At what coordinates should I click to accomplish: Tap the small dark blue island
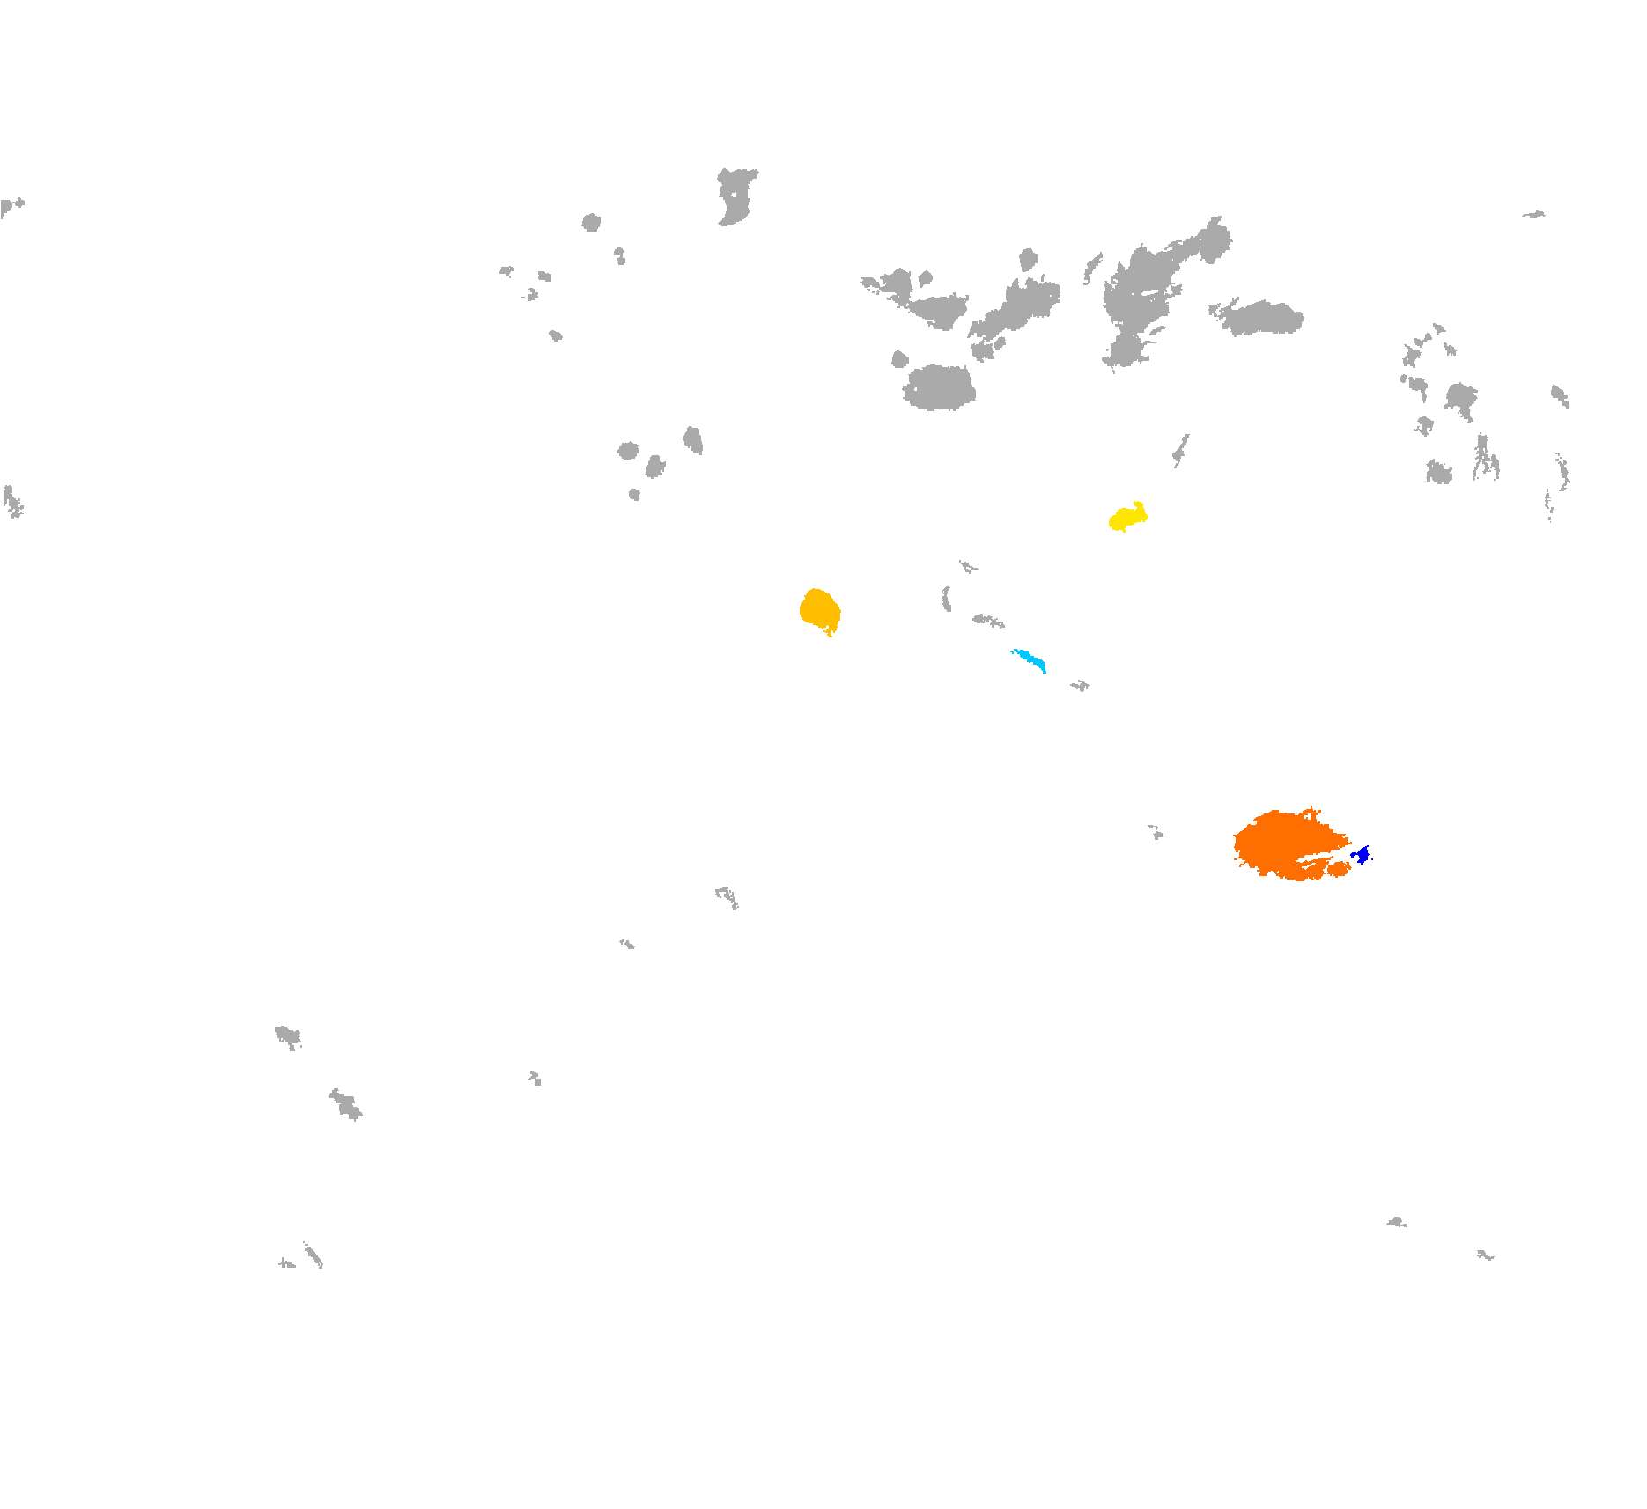(1363, 854)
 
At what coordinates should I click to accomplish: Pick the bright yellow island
(1126, 518)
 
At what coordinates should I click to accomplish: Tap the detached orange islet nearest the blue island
(1339, 870)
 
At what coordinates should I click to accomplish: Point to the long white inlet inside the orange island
(1317, 858)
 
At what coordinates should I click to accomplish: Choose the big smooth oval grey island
(939, 387)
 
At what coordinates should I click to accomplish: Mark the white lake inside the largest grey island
(1149, 291)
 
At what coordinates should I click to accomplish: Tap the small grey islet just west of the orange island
(1156, 832)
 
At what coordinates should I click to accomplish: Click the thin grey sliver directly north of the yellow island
(1180, 450)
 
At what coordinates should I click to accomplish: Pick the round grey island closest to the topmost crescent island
(591, 222)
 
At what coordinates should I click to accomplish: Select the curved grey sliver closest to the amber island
(946, 600)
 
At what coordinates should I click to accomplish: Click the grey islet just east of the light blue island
(1081, 686)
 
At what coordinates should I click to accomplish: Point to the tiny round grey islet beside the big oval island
(899, 359)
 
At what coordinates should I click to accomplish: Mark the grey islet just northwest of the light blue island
(987, 621)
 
